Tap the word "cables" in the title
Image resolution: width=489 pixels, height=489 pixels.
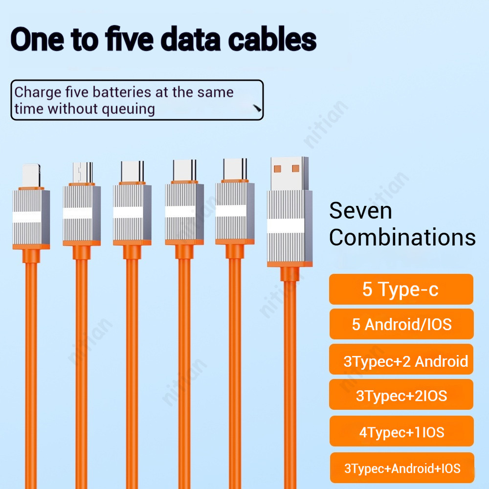(272, 39)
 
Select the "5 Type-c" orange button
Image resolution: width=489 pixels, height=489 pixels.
(401, 289)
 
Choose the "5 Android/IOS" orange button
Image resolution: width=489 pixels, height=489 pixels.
(401, 324)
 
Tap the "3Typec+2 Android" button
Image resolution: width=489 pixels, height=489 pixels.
(401, 359)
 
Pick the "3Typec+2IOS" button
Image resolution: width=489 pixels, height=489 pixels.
(401, 395)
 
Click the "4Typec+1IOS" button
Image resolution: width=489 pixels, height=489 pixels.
(401, 431)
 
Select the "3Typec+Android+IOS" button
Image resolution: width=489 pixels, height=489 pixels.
(402, 468)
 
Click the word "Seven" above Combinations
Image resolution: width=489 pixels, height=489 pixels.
(360, 211)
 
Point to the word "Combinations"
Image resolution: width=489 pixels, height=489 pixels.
(402, 238)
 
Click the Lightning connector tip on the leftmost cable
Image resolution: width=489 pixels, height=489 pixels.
(31, 176)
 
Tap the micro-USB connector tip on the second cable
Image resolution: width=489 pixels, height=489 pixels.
(83, 173)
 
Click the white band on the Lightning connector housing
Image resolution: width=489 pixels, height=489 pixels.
(27, 217)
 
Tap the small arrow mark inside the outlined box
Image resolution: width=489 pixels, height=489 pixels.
(257, 108)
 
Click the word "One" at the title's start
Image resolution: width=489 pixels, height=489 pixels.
(37, 39)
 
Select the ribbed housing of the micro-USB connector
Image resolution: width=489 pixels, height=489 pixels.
(82, 214)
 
